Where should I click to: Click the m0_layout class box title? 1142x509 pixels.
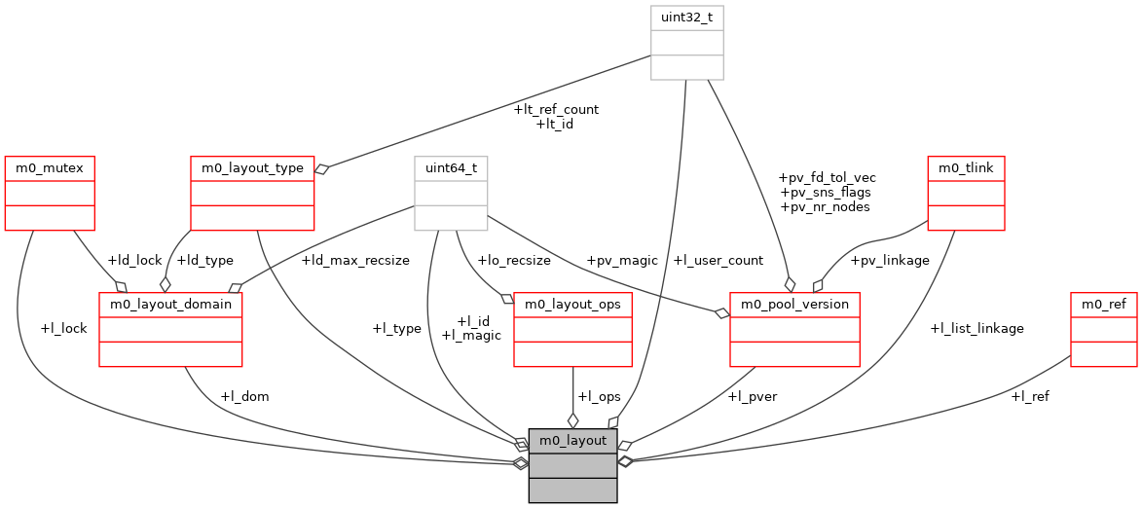572,441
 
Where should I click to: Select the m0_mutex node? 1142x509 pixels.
49,168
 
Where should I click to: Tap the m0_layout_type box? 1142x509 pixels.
252,168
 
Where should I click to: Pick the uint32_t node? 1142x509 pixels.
687,18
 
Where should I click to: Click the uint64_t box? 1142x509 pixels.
451,168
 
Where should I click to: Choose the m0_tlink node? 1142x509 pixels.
966,168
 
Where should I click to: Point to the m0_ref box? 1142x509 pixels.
1103,305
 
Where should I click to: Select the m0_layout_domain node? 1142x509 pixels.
170,305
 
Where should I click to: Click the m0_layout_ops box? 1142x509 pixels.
573,305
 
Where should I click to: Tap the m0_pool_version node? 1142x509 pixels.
794,305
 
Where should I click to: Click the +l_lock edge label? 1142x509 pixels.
63,328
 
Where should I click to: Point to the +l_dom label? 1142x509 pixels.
244,396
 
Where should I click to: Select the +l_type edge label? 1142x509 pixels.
396,328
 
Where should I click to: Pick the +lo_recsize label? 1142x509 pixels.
513,260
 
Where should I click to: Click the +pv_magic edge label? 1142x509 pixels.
622,260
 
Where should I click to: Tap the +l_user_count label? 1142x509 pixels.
718,260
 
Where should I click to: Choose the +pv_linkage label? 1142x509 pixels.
890,260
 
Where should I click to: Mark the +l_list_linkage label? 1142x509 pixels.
976,328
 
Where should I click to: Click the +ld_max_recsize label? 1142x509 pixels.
355,260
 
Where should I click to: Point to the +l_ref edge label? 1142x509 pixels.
1030,396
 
